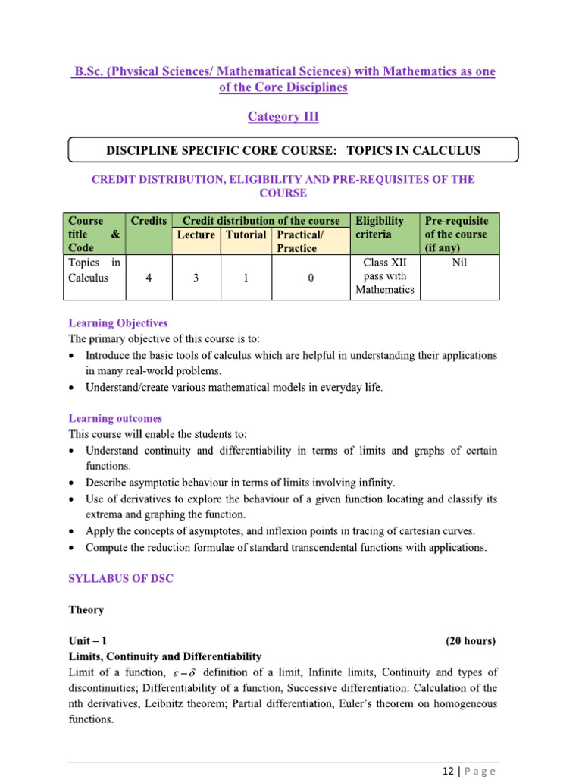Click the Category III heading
(x=283, y=117)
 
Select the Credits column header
(x=149, y=221)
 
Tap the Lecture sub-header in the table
(x=196, y=234)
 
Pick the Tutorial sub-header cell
(x=246, y=234)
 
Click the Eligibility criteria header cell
(x=380, y=228)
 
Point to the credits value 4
(x=149, y=278)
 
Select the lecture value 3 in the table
(x=196, y=278)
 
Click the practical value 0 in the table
(x=311, y=278)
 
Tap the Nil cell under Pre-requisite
(x=458, y=263)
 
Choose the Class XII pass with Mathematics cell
(x=384, y=276)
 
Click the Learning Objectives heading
(x=118, y=323)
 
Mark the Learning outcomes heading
(x=115, y=418)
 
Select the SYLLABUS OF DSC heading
(x=121, y=578)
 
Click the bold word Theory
(x=86, y=609)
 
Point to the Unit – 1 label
(x=92, y=641)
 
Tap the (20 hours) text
(x=471, y=641)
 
